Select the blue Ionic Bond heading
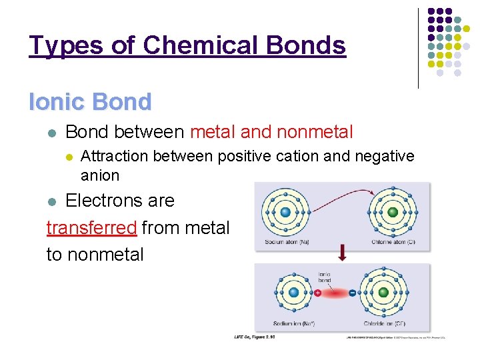click(90, 102)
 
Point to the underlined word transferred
click(91, 227)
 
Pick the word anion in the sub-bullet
click(100, 176)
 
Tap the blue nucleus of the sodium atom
click(286, 212)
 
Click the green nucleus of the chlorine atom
click(393, 212)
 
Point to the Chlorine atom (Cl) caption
click(393, 242)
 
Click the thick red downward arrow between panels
click(342, 253)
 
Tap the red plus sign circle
click(317, 292)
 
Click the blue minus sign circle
click(352, 292)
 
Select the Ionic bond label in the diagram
click(324, 277)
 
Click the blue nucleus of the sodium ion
click(293, 292)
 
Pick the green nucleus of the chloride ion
click(383, 292)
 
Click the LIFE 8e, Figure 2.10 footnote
click(255, 337)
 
